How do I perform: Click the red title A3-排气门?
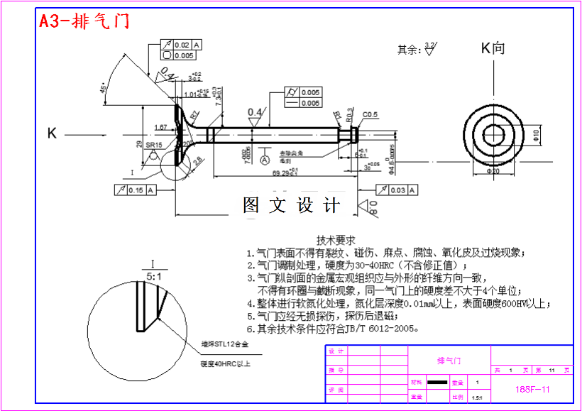coord(84,21)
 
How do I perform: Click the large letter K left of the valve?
coord(52,133)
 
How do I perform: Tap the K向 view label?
coord(493,48)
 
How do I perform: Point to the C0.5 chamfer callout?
coord(370,115)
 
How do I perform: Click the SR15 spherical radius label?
coord(154,145)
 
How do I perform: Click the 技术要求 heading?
coord(336,240)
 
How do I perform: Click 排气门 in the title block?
coord(449,361)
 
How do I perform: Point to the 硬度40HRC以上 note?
coord(226,363)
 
